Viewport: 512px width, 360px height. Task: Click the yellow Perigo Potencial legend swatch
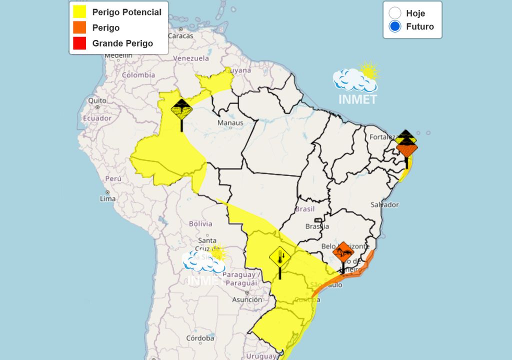click(x=79, y=12)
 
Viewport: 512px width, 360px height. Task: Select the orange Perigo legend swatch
click(x=79, y=27)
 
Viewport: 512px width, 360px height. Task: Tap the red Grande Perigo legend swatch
click(x=79, y=43)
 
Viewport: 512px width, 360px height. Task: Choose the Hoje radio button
click(x=395, y=13)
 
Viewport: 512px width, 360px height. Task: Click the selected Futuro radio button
click(x=395, y=26)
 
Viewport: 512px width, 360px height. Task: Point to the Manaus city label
click(x=230, y=123)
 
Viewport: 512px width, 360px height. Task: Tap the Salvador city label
click(x=384, y=204)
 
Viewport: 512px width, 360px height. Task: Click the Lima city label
click(x=108, y=198)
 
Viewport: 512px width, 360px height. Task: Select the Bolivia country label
click(x=200, y=223)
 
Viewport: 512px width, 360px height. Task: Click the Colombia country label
click(x=138, y=75)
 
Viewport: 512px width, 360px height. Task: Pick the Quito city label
click(x=97, y=100)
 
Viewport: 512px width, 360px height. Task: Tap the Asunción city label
click(x=246, y=299)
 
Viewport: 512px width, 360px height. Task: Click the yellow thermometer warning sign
click(x=280, y=257)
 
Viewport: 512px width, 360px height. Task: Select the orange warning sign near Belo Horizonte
click(x=343, y=251)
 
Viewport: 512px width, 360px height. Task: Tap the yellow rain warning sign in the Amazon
click(x=181, y=108)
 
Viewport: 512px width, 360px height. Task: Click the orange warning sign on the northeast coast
click(x=407, y=149)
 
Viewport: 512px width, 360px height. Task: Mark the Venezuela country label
click(x=191, y=58)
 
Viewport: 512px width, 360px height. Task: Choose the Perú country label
click(x=113, y=178)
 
